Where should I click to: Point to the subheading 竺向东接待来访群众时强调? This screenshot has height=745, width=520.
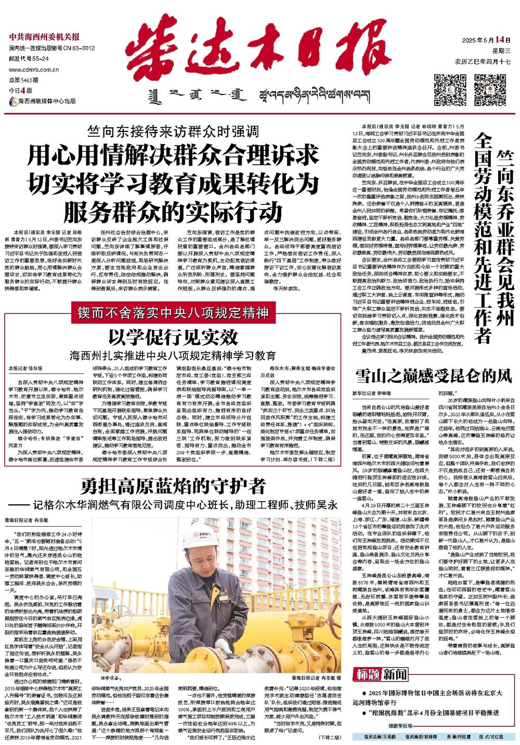pos(173,133)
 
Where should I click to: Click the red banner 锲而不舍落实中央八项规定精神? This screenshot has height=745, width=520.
pos(173,313)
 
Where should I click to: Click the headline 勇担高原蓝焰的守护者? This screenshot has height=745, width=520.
pos(173,486)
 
